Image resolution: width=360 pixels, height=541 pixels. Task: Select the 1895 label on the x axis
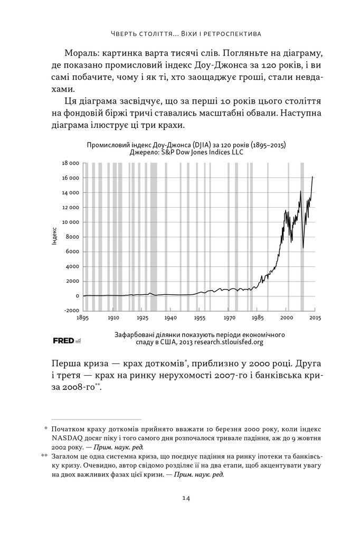click(82, 319)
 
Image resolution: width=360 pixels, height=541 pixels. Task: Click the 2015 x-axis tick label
click(315, 319)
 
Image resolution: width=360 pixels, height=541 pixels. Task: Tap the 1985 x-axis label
click(257, 319)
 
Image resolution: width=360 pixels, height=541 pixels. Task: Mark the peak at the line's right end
click(312, 176)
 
